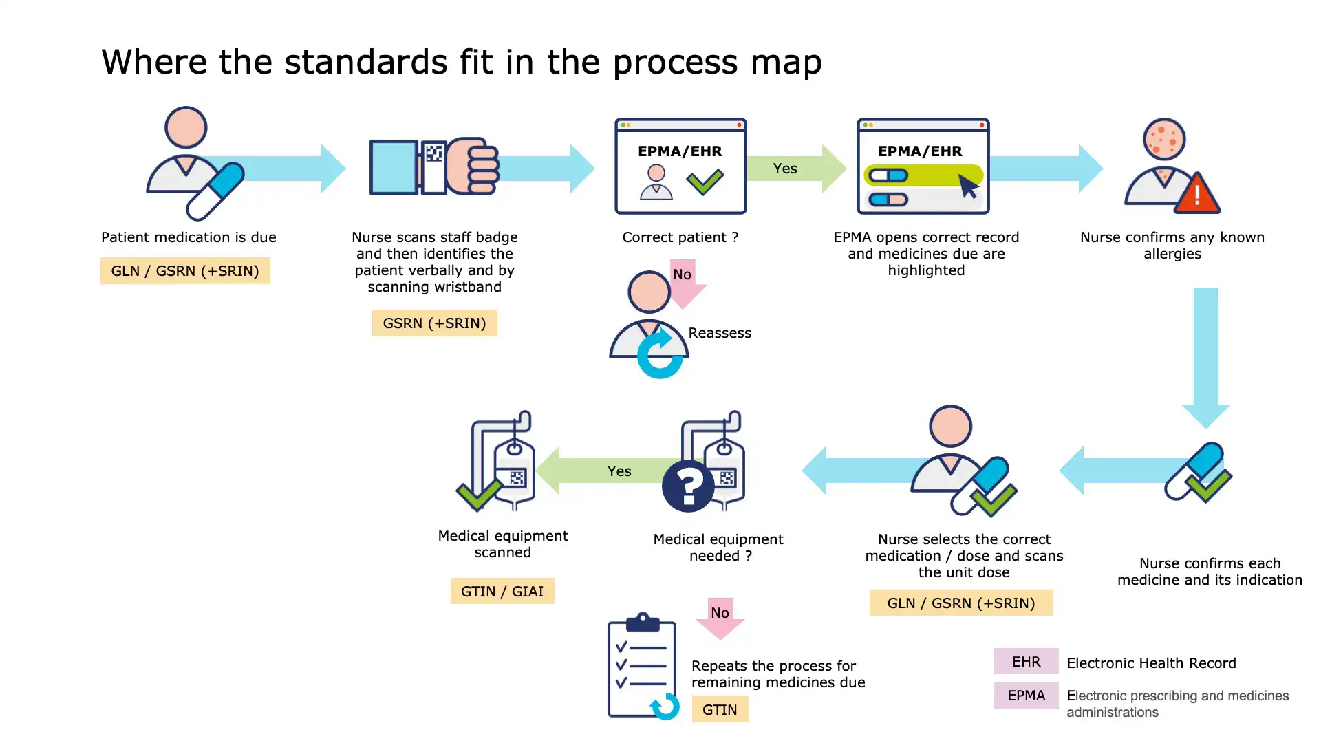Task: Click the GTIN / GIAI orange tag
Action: [502, 591]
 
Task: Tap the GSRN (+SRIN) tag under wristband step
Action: [434, 323]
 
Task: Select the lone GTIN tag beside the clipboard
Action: [720, 709]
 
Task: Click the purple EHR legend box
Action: [1026, 661]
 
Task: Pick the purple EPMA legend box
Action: [1026, 696]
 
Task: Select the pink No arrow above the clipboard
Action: [720, 617]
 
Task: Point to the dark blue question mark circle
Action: [688, 486]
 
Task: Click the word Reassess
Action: [720, 333]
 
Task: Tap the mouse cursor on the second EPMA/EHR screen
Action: [968, 186]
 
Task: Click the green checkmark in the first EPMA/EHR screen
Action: [705, 182]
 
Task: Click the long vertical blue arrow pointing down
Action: [1205, 354]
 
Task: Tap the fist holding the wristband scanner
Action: [473, 166]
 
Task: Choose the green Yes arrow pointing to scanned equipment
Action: [605, 471]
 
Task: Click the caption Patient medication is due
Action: [189, 237]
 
